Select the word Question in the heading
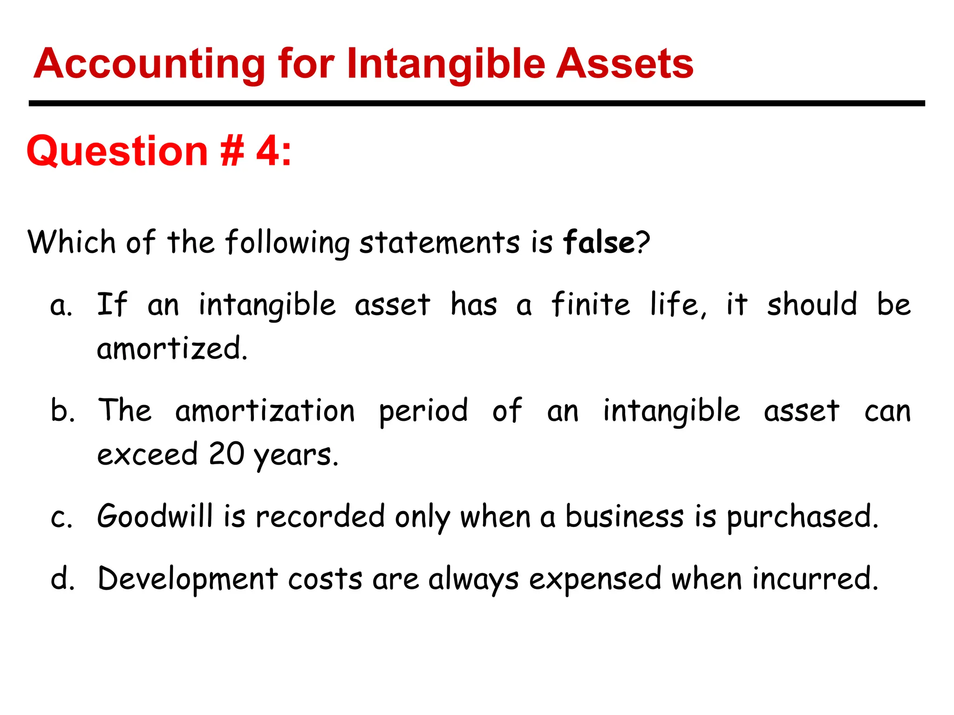coord(117,152)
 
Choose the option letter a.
coord(60,306)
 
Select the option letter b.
coord(61,411)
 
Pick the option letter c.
coord(61,518)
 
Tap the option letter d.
coord(62,579)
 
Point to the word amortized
coord(172,348)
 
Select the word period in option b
coord(423,411)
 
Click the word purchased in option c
coord(802,518)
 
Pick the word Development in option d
coord(188,580)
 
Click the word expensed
coord(595,580)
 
